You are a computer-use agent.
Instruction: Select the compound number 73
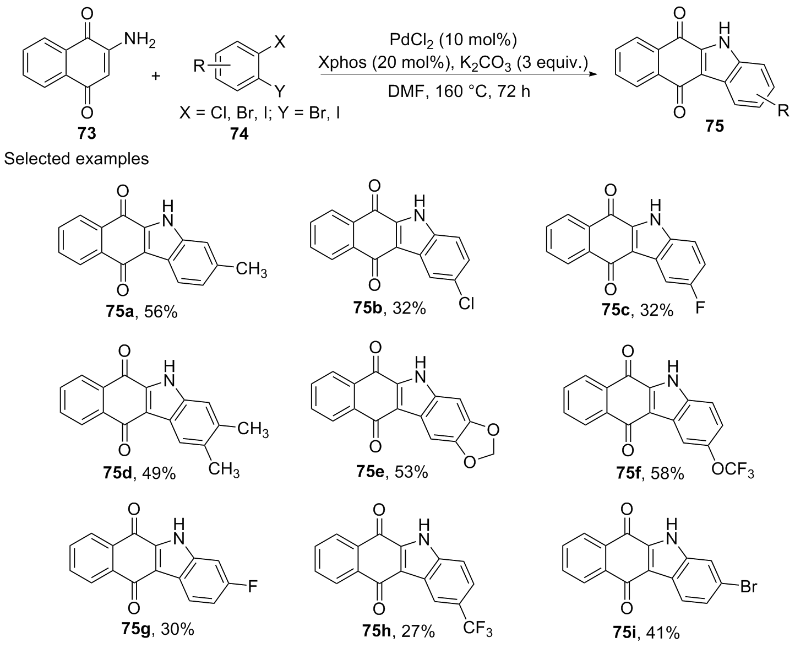(86, 133)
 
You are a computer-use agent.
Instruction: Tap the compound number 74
(239, 134)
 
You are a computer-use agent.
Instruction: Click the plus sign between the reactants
(156, 76)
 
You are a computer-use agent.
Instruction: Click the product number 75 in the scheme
(715, 126)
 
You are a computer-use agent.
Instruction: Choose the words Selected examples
(77, 159)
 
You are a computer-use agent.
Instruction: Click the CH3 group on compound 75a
(252, 269)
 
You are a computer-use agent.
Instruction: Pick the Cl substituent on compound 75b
(466, 304)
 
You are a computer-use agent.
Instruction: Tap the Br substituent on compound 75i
(748, 587)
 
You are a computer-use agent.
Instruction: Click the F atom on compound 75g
(253, 586)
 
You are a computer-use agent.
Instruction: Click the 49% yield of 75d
(159, 473)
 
